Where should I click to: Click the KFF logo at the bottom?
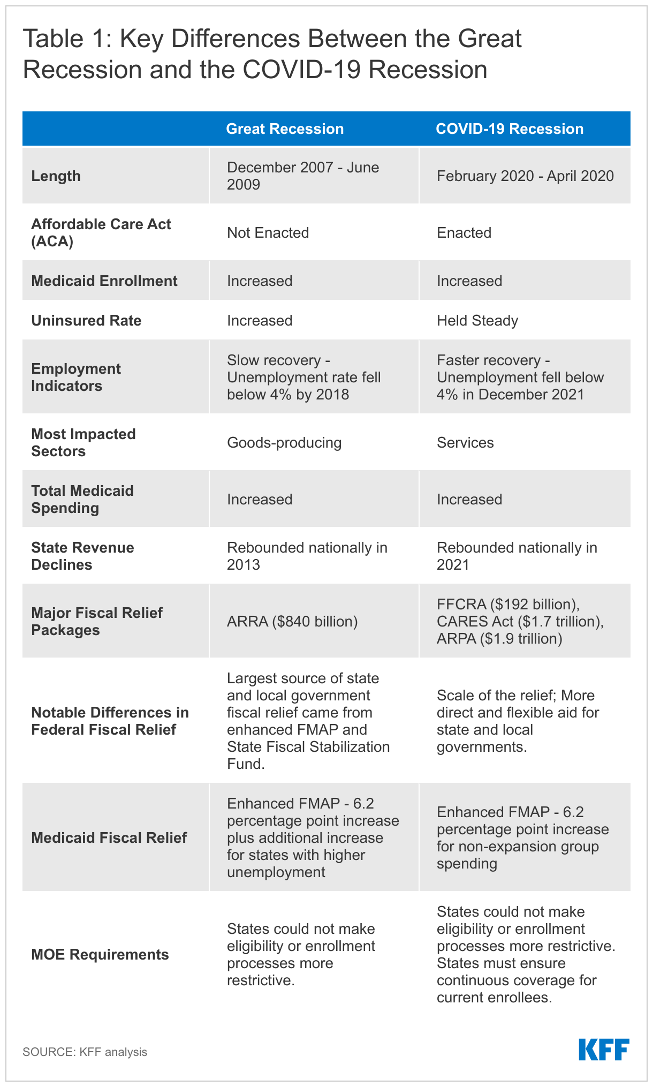[604, 1050]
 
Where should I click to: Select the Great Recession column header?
[285, 129]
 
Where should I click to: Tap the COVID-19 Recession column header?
[510, 129]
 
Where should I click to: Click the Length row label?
[56, 176]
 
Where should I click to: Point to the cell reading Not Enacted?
[268, 233]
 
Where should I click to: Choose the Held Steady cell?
[477, 321]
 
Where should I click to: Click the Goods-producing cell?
[284, 443]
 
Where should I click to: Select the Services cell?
[465, 443]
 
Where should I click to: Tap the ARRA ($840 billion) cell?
[292, 622]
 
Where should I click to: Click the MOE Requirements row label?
[100, 955]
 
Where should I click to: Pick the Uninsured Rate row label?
[86, 321]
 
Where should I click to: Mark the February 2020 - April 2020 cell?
[525, 176]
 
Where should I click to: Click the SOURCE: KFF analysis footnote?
[85, 1052]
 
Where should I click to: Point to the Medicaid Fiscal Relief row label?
[109, 838]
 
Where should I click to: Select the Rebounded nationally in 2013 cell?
[307, 556]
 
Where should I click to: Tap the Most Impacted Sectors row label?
[83, 443]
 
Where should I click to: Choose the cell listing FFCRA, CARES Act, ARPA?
[520, 622]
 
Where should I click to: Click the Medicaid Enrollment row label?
[104, 281]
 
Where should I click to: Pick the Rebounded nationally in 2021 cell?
[517, 556]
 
